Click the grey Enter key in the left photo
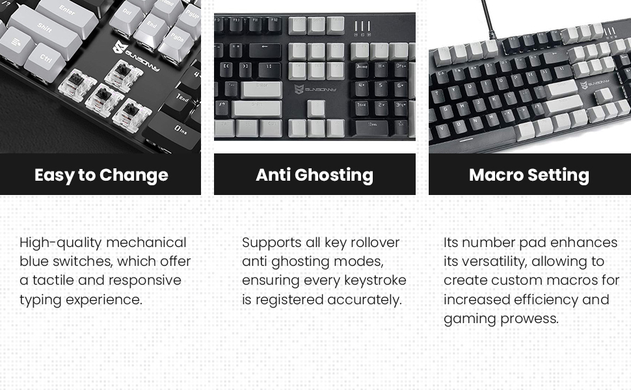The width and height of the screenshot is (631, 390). click(x=67, y=12)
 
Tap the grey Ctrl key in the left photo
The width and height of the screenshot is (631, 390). click(x=46, y=59)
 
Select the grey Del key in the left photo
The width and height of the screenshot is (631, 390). click(x=126, y=14)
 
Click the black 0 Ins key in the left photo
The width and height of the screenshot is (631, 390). click(x=178, y=131)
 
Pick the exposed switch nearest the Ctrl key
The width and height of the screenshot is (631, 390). click(x=77, y=86)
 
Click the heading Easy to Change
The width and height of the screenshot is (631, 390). click(x=101, y=175)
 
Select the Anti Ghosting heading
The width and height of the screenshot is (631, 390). click(x=314, y=175)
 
